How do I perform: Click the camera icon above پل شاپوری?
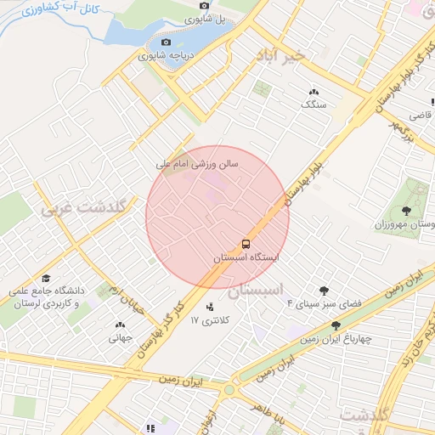coord(204,7)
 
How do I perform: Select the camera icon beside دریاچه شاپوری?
coord(165,42)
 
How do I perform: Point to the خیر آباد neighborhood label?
coord(284,54)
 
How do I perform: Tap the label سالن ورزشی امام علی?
coord(197,161)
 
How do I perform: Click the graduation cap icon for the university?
coord(45,278)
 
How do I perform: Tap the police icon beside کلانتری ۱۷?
coord(210,306)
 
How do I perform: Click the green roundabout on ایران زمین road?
coord(229,391)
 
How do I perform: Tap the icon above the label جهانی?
coord(120,324)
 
